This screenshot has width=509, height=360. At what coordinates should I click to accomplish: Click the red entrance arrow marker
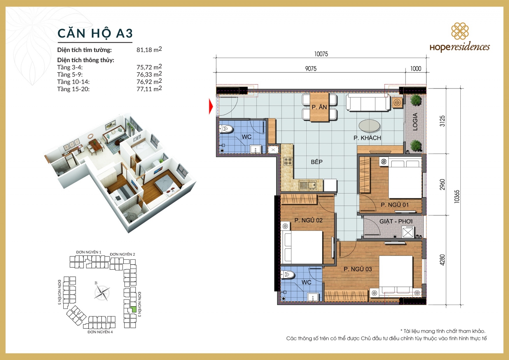coord(211,106)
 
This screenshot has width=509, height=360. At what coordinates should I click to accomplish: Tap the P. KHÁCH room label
coord(367,138)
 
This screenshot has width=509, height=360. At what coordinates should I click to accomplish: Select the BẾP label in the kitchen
coord(317,162)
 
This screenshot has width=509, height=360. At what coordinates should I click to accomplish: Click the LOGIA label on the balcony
coord(415,122)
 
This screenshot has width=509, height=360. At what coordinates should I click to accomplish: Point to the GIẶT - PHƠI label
coord(396,221)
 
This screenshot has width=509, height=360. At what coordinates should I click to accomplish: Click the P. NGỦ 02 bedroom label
coord(308,220)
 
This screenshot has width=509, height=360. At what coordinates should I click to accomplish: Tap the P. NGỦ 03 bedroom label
coord(358,269)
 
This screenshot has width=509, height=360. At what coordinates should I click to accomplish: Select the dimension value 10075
coord(321,54)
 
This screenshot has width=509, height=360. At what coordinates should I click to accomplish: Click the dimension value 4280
coord(442,260)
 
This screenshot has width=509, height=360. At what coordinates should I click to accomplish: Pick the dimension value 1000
coord(415,68)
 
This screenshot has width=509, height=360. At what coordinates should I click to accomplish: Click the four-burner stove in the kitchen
coord(288,161)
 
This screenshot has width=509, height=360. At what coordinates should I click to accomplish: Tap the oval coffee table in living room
coord(369,125)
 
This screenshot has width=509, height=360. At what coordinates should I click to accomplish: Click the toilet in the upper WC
coord(227,129)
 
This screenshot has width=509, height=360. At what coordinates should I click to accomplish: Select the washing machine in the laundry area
coord(408,232)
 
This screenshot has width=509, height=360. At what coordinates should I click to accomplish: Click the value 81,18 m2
coord(149,50)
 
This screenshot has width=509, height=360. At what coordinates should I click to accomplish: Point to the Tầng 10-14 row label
coord(73,82)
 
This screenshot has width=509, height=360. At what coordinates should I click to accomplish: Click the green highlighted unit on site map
coord(134,309)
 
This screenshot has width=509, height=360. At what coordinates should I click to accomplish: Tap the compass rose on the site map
coord(102,293)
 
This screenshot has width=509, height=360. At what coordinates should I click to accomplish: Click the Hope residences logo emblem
coord(460,31)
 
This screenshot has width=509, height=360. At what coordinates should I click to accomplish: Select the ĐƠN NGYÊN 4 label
coord(100,332)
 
